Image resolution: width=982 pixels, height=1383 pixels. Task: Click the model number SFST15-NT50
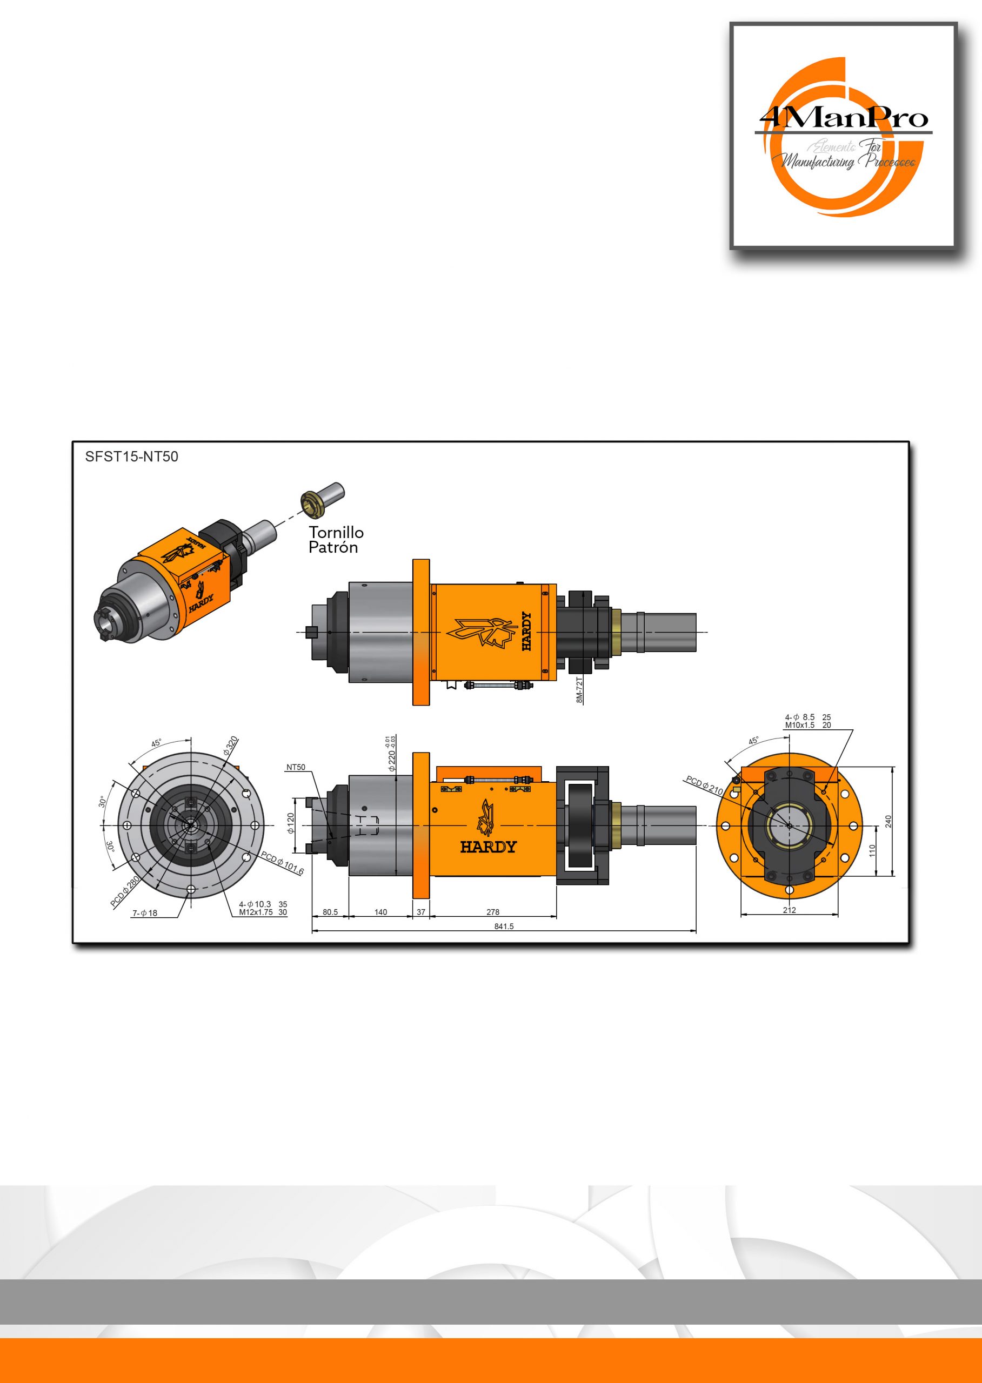[x=132, y=457]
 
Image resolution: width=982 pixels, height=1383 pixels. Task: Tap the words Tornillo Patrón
[x=336, y=540]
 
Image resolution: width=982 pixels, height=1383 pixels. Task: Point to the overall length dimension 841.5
[x=504, y=927]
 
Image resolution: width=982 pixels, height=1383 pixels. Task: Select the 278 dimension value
[x=493, y=912]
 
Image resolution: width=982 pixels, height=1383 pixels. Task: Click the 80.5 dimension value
[x=330, y=912]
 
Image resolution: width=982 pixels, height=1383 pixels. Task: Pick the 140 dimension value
[x=380, y=912]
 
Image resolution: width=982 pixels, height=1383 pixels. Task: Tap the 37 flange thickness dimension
[x=421, y=912]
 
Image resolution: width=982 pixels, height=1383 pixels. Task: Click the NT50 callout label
[x=296, y=768]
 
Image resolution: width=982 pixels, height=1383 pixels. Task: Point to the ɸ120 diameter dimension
[x=291, y=823]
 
